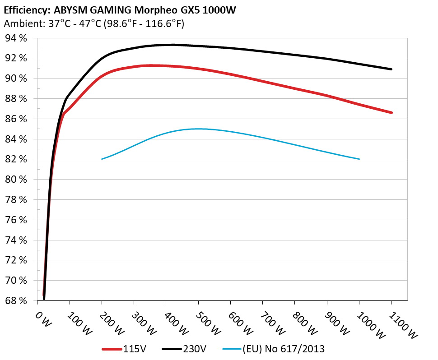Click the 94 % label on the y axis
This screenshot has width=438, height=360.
tap(16, 38)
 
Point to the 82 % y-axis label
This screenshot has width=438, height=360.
tap(16, 159)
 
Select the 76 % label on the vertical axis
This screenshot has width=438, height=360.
tap(16, 220)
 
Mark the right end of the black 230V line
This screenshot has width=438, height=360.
tap(391, 69)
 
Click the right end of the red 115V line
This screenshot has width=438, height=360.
tap(391, 112)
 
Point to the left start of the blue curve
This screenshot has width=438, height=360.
tap(102, 159)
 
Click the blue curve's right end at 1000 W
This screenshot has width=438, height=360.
tap(359, 159)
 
